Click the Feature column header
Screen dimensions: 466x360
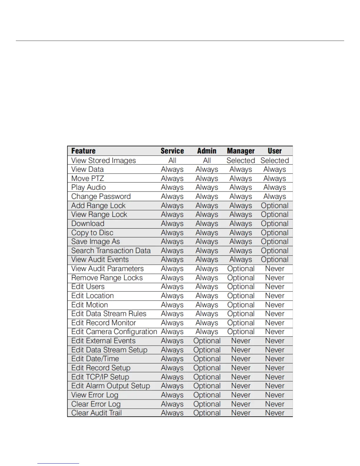84,151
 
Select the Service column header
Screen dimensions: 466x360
172,151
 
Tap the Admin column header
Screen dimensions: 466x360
207,151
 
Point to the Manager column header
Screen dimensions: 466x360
241,151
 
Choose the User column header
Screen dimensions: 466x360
275,151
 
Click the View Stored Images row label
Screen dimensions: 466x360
104,160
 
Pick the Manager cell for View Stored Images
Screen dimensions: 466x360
241,160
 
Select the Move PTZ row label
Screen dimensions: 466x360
88,179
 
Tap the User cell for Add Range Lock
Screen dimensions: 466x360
275,206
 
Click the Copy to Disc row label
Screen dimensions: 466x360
92,233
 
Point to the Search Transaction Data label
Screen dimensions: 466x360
111,251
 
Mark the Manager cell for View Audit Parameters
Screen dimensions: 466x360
241,269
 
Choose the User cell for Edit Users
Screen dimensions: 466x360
275,287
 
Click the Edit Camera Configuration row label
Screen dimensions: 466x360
114,332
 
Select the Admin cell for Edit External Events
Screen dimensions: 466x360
207,341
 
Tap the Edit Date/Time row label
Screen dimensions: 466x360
95,359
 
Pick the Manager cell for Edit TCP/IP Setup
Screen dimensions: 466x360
241,377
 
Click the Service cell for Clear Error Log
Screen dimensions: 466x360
172,404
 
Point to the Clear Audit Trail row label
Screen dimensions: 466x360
96,413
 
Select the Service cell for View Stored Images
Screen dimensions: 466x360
172,160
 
